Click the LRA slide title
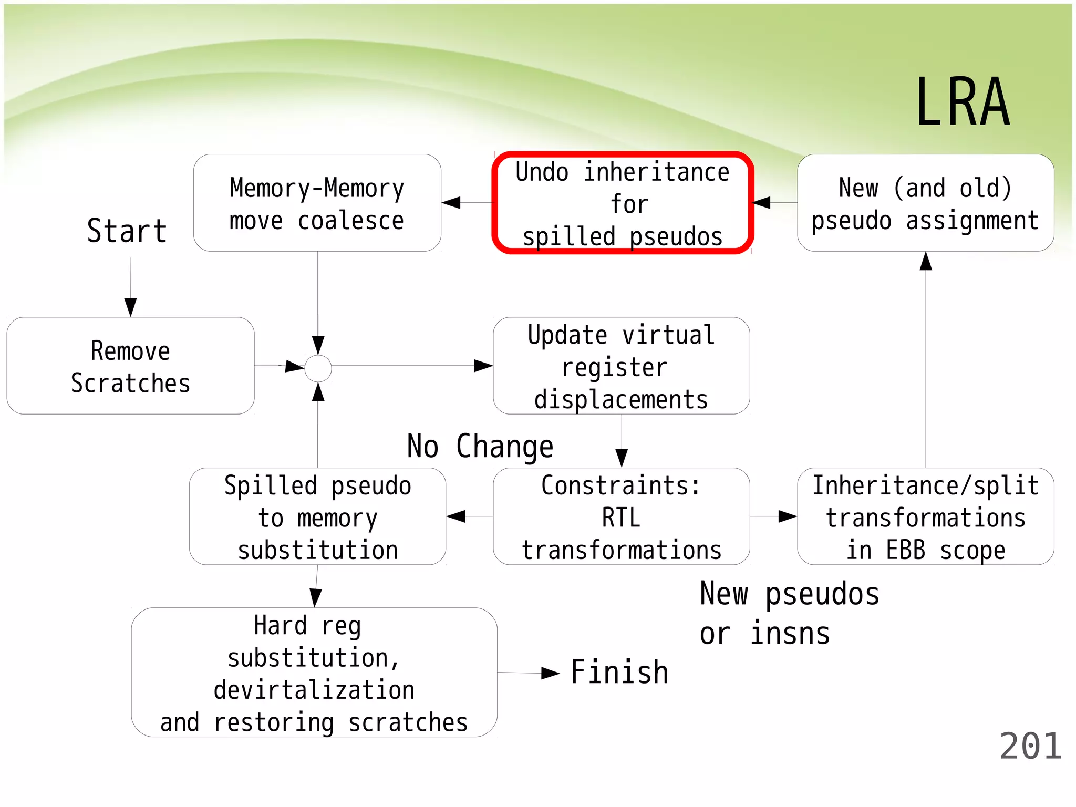[963, 102]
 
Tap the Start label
[127, 231]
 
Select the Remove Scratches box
[130, 366]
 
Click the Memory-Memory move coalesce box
[317, 203]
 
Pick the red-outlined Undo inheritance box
[623, 203]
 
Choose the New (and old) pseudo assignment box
[925, 203]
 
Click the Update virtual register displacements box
[621, 366]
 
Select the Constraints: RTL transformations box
[621, 516]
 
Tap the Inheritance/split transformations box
[925, 516]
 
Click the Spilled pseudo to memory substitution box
[317, 516]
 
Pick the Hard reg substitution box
[314, 672]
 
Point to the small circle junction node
[318, 368]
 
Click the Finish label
[619, 672]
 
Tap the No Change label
[480, 447]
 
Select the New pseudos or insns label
[789, 613]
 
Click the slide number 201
[1030, 747]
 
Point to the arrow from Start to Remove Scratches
[130, 286]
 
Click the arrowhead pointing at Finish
[550, 673]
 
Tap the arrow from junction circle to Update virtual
[410, 366]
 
